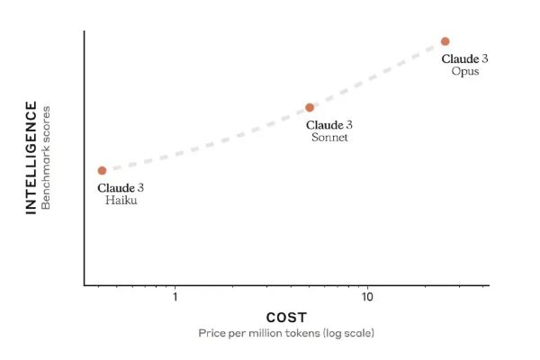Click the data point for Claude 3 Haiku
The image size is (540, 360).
coord(102,170)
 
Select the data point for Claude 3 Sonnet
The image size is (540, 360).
coord(310,108)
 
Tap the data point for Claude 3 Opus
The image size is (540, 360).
coord(445,41)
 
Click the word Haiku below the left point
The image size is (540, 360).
coord(121,201)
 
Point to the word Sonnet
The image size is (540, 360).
coord(329,138)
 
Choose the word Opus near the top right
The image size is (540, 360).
coord(465,71)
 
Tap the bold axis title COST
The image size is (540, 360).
coord(286,318)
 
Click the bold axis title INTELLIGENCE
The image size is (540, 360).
coord(31,158)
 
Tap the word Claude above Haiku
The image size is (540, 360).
coord(115,188)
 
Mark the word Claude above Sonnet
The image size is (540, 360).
coord(324,125)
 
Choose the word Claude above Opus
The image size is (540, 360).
coord(459,58)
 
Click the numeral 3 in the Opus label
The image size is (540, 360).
coord(485,58)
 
